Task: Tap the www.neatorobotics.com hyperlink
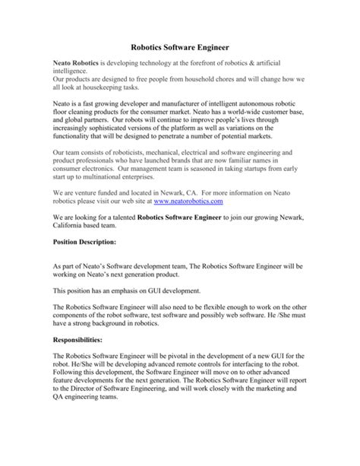[x=188, y=201]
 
